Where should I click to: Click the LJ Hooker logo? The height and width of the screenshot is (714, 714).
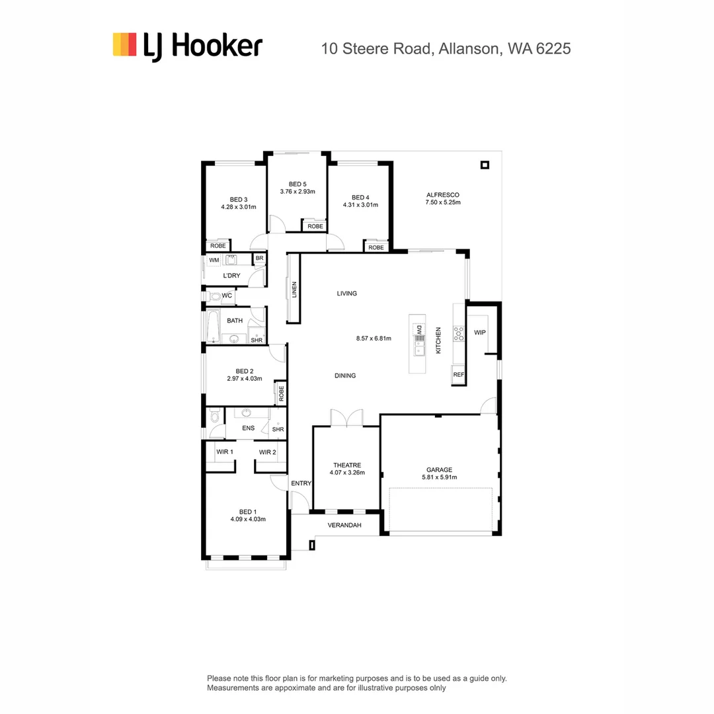click(x=187, y=46)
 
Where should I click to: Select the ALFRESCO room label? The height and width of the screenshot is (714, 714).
click(x=442, y=194)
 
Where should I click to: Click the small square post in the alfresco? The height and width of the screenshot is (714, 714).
click(x=485, y=165)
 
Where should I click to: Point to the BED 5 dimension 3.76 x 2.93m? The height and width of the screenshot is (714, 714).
click(x=297, y=192)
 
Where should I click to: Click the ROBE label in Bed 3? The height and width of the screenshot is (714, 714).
click(x=218, y=245)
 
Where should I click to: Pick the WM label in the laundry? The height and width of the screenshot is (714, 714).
click(x=214, y=260)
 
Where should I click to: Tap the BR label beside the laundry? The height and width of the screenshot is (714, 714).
click(x=259, y=258)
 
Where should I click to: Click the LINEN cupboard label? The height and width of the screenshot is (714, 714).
click(x=294, y=290)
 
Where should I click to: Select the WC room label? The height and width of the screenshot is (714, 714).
click(x=227, y=296)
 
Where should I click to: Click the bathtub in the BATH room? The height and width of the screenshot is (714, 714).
click(x=212, y=326)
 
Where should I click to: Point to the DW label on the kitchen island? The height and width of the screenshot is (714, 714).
click(x=418, y=329)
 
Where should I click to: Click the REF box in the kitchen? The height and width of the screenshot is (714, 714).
click(x=458, y=375)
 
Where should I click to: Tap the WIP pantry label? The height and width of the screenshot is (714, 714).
click(x=480, y=332)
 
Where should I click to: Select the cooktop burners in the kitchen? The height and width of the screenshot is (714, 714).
click(x=458, y=333)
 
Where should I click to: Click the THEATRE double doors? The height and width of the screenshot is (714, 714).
click(x=346, y=418)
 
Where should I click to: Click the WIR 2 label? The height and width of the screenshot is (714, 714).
click(x=267, y=452)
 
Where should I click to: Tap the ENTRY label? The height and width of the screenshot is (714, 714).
click(x=301, y=483)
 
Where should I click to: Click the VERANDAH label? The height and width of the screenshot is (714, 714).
click(x=345, y=525)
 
